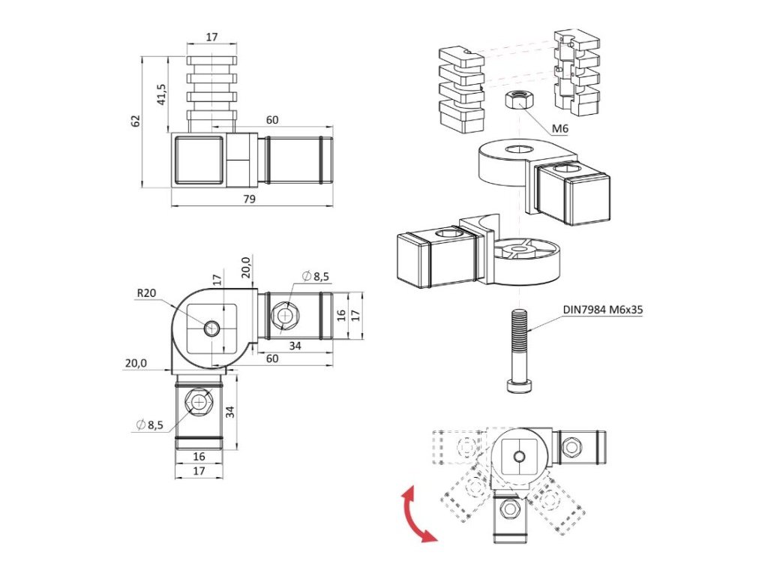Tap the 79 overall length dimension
[x=249, y=199]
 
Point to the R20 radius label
[x=146, y=293]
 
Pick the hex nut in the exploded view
[x=516, y=99]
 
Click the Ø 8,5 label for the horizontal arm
[x=316, y=277]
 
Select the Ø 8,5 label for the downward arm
[x=150, y=425]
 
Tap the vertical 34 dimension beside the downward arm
[x=231, y=412]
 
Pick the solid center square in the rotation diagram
[x=518, y=455]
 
